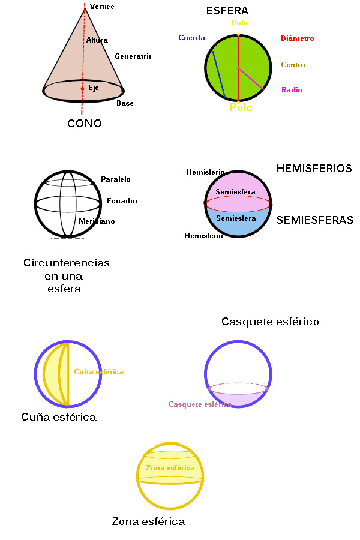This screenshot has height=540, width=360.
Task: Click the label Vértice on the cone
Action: (x=102, y=7)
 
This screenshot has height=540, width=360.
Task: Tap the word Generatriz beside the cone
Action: (x=133, y=56)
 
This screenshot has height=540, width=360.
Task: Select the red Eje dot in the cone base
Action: (x=83, y=88)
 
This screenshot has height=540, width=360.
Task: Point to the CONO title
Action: (x=85, y=124)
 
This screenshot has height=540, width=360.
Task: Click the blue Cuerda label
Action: (x=191, y=38)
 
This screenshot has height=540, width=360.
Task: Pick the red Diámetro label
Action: (x=297, y=38)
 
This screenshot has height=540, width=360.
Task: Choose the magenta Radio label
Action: (x=292, y=90)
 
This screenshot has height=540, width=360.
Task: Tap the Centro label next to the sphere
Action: (x=293, y=65)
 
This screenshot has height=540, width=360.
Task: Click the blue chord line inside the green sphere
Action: (x=218, y=74)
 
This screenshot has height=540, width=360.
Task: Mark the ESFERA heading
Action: (x=227, y=11)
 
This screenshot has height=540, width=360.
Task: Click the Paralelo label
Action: (x=116, y=179)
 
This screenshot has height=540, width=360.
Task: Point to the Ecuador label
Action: (x=122, y=201)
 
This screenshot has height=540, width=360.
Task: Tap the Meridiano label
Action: (x=97, y=221)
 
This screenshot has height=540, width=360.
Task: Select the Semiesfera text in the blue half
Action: (x=236, y=218)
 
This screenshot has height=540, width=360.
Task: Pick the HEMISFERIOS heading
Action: (x=314, y=169)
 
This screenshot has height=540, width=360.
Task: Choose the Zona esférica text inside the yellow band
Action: (x=170, y=468)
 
